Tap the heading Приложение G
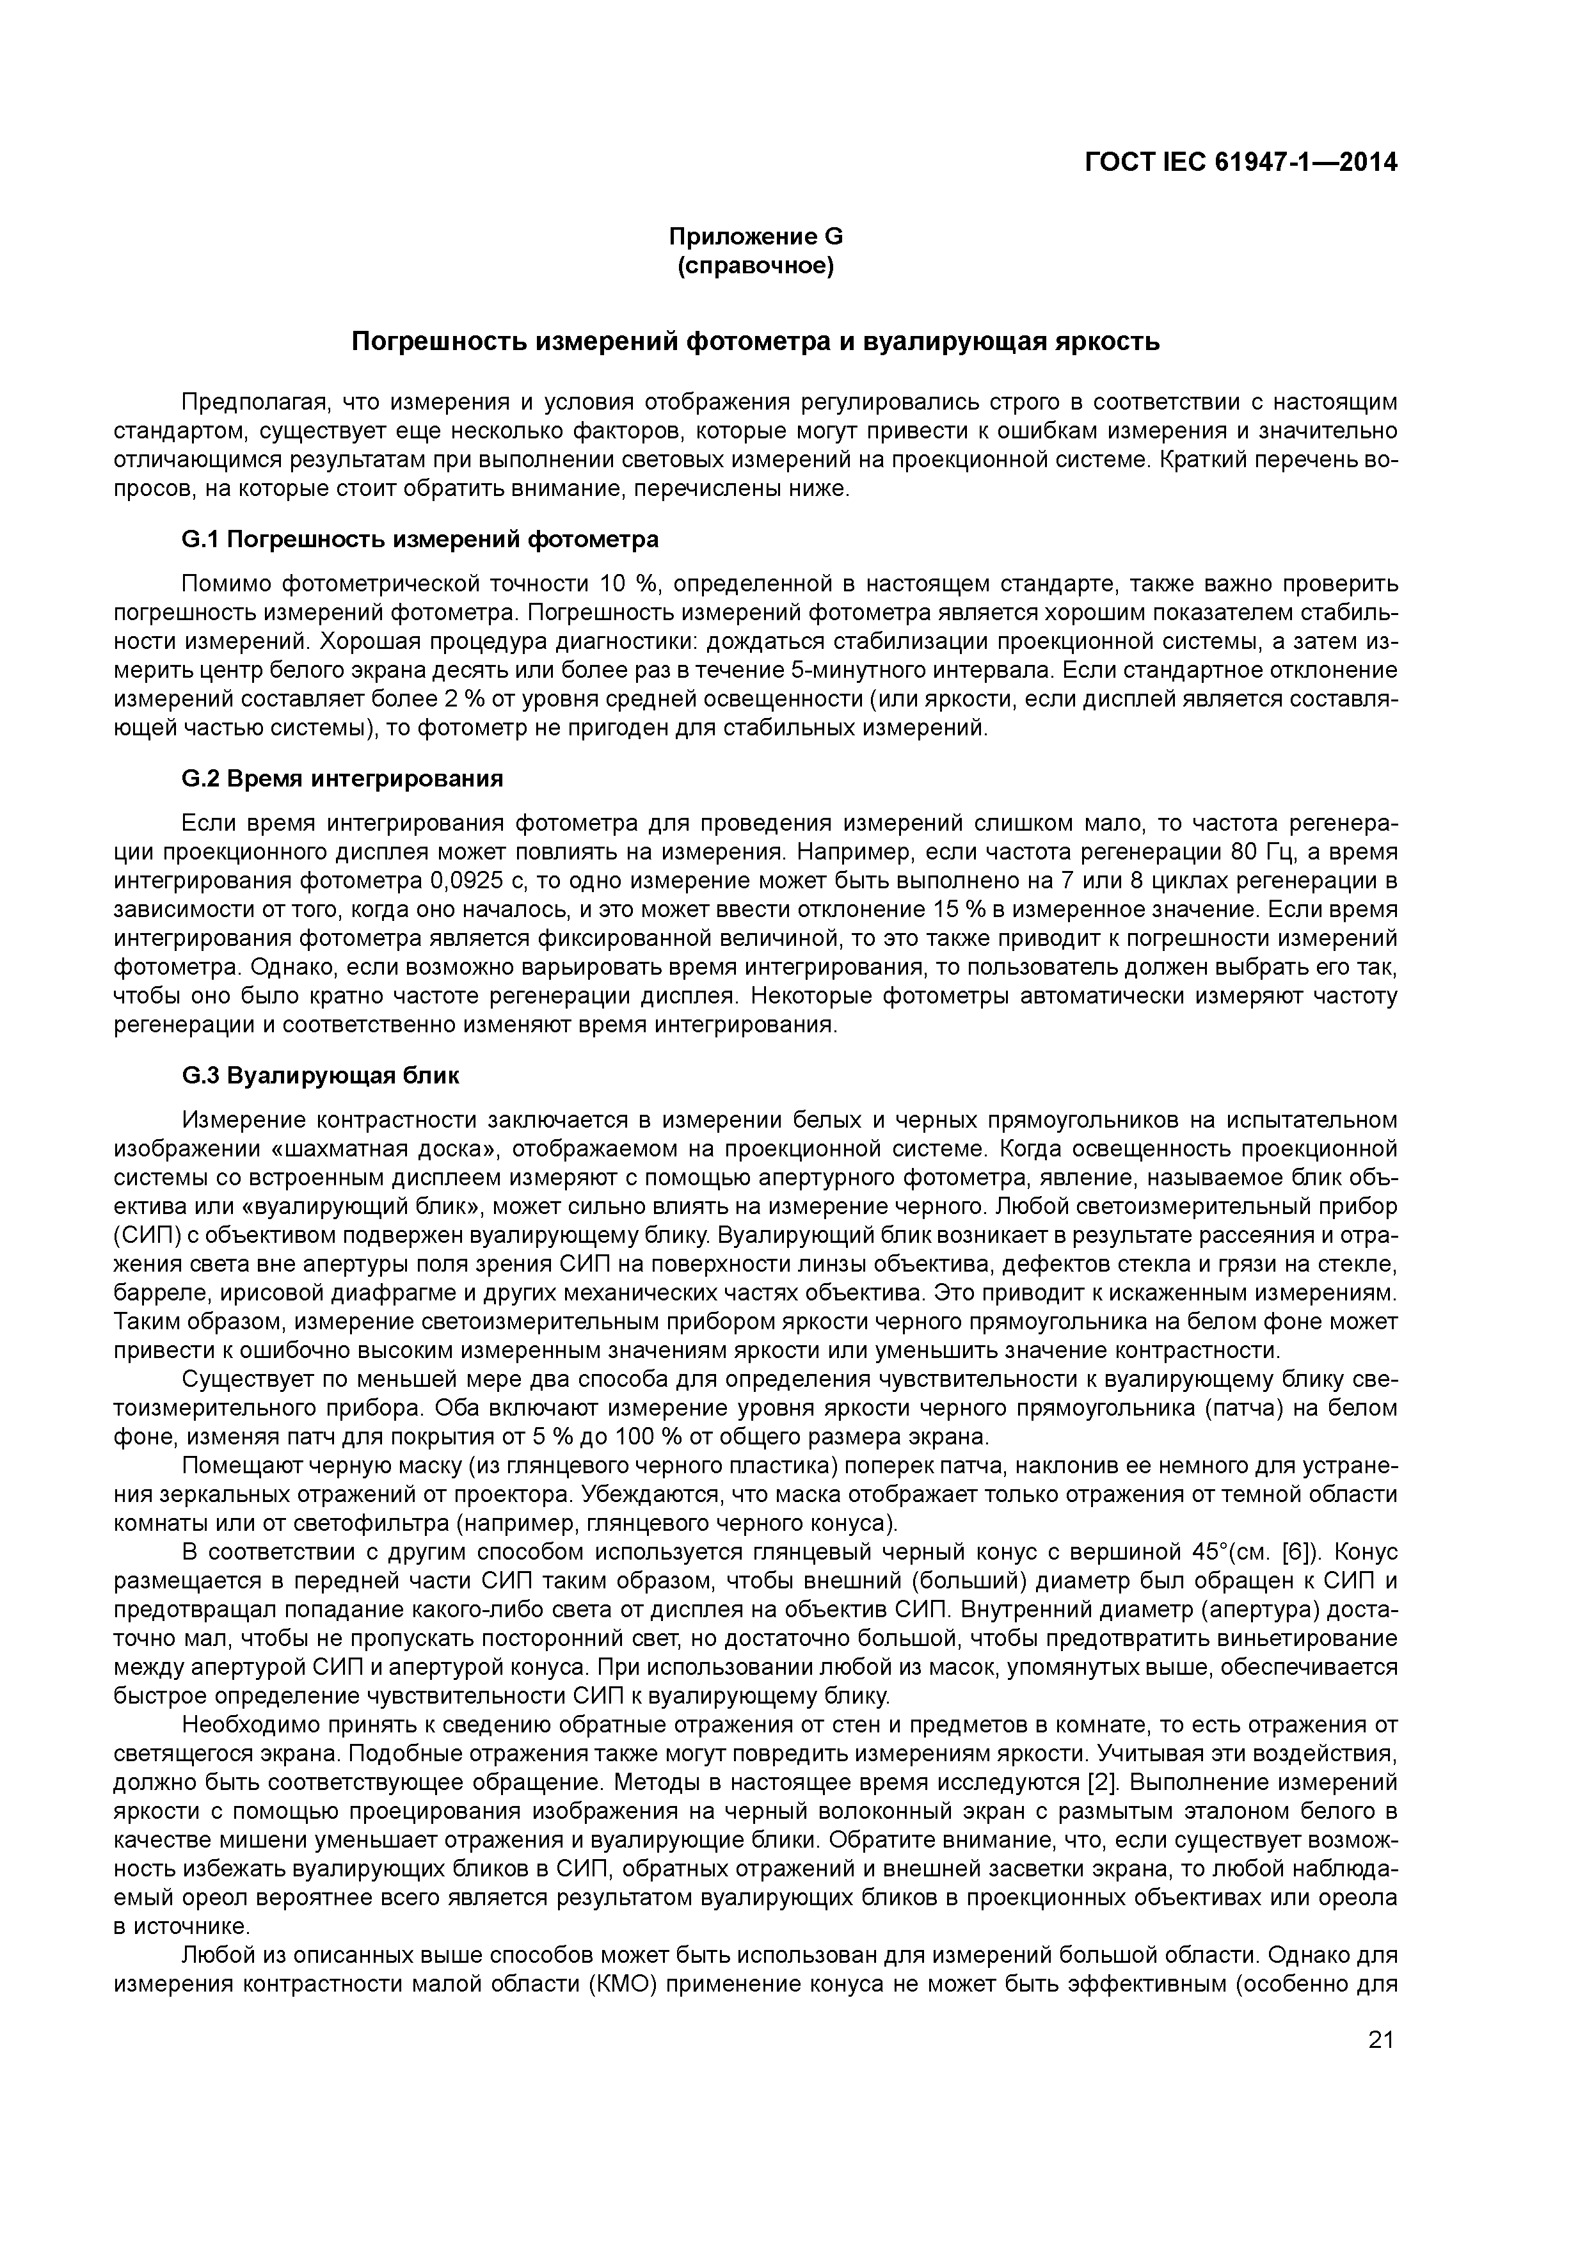point(755,237)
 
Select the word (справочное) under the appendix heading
point(755,266)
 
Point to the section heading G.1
point(420,539)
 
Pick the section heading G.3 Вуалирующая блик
point(321,1076)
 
